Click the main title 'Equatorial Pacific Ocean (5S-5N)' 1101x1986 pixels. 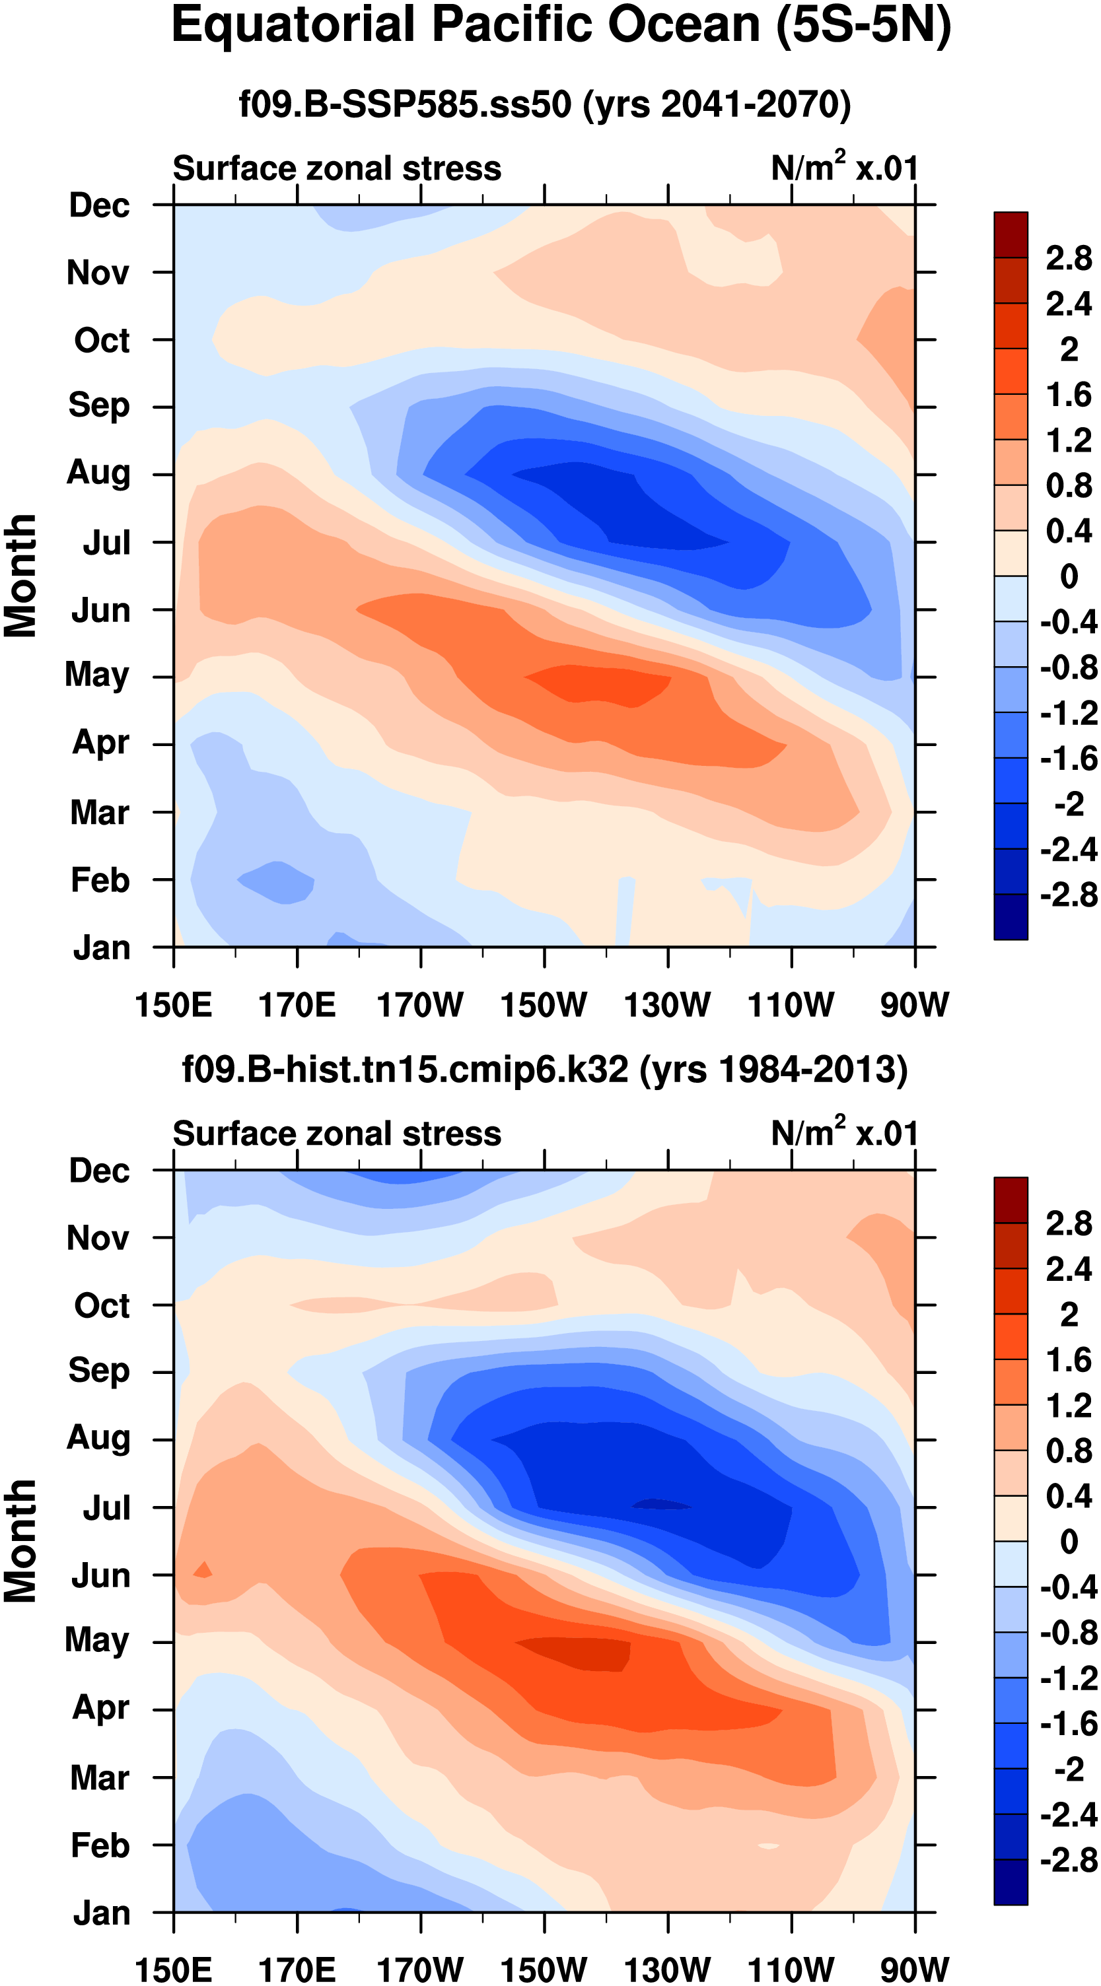click(x=561, y=26)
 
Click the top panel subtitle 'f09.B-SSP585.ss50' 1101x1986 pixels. click(x=405, y=104)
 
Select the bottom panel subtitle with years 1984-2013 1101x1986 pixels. click(x=544, y=1070)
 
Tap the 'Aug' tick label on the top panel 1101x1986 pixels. click(x=98, y=473)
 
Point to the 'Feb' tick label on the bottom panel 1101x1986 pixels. click(x=100, y=1845)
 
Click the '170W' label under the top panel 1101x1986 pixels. click(x=420, y=1005)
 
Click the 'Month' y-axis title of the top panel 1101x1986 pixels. click(x=21, y=576)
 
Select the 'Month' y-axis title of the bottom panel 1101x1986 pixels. click(x=21, y=1541)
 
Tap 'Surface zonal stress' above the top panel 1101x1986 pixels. click(x=337, y=168)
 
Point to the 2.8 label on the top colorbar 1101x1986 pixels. click(x=1069, y=258)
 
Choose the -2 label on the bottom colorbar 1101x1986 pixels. click(x=1069, y=1770)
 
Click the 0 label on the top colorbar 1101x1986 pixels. click(x=1069, y=576)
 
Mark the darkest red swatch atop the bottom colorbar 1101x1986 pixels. click(x=1011, y=1200)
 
